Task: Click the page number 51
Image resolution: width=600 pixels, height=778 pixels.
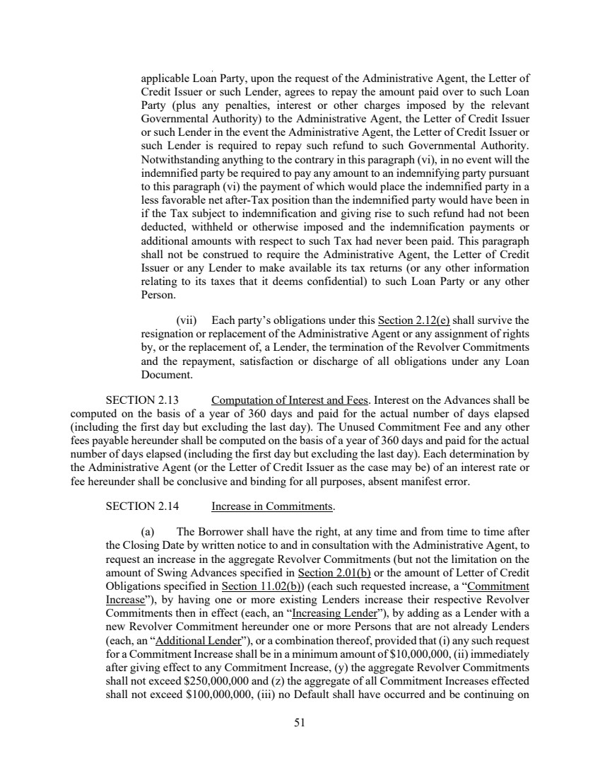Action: (300, 722)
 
